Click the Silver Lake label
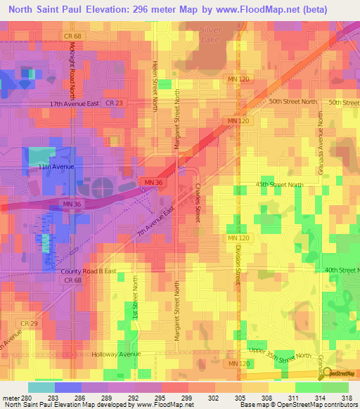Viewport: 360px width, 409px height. (x=210, y=35)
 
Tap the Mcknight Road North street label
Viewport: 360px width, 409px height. (x=72, y=66)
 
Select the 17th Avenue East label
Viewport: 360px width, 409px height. (x=73, y=103)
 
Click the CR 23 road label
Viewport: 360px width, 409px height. (x=115, y=103)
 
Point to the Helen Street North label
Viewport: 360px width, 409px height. (x=155, y=85)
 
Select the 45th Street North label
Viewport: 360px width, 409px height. (x=279, y=185)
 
